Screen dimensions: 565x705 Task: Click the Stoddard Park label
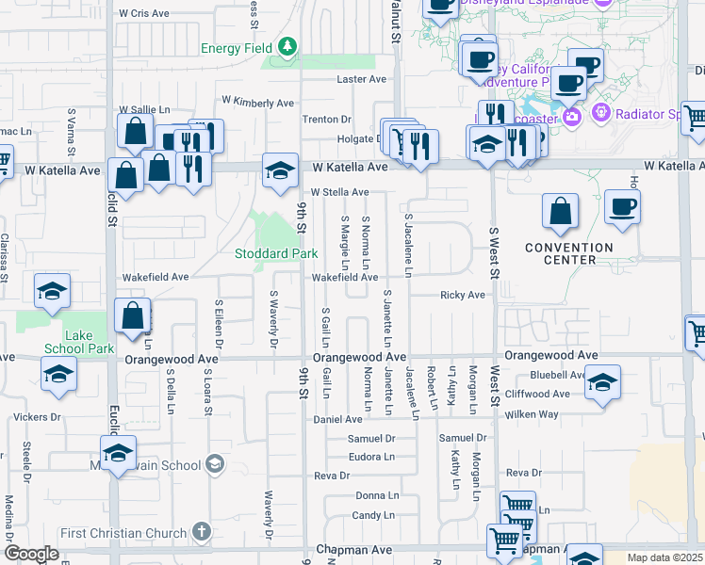coord(276,253)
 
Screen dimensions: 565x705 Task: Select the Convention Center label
coord(568,253)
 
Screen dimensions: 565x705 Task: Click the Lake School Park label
coord(80,341)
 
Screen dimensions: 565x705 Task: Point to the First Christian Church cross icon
coord(201,533)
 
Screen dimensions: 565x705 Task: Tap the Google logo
coord(31,554)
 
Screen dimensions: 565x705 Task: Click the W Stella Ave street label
coord(339,192)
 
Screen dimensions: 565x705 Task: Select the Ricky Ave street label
coord(462,295)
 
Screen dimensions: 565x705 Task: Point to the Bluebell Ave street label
coord(557,375)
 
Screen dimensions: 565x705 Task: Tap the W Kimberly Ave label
coord(258,102)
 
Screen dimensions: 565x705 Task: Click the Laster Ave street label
coord(362,79)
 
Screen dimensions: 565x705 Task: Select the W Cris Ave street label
coord(144,14)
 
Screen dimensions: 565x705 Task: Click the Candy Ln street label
coord(373,515)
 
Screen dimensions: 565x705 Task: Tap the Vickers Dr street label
coord(37,416)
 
